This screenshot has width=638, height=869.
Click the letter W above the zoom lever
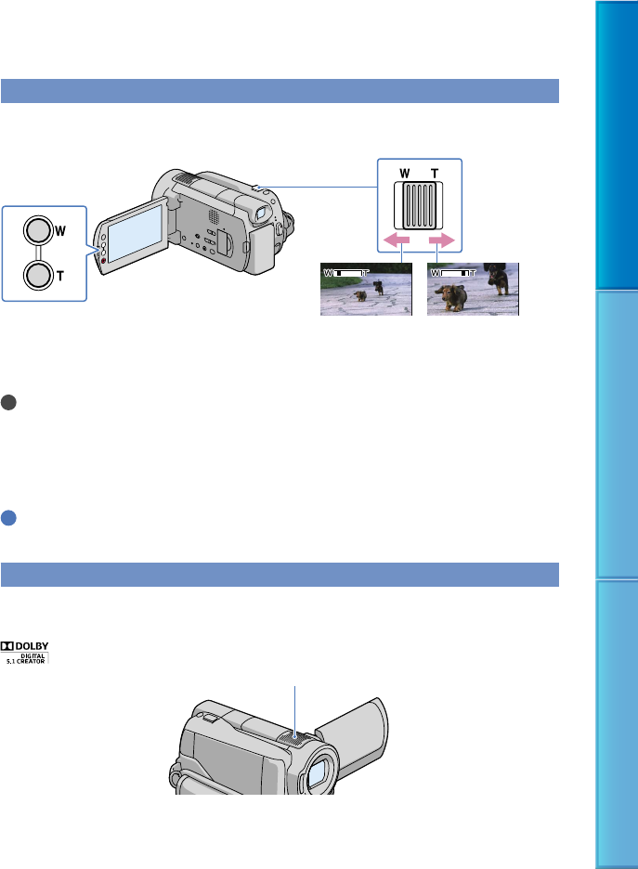click(405, 174)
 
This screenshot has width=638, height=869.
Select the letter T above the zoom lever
click(435, 174)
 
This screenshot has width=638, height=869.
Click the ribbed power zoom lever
click(419, 205)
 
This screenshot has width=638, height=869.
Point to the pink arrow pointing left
click(397, 240)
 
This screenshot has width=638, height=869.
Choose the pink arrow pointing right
click(442, 240)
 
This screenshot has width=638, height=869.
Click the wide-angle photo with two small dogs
click(367, 290)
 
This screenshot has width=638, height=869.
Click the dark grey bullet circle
click(8, 402)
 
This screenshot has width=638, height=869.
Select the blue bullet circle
click(8, 518)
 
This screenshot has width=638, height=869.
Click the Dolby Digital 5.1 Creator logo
click(24, 653)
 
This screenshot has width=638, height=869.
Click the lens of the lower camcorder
click(317, 774)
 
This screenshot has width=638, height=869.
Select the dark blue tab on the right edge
click(617, 145)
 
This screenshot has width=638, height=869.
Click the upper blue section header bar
click(280, 91)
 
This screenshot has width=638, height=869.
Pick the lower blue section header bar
click(280, 575)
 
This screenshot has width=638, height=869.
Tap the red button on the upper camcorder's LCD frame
click(103, 260)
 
